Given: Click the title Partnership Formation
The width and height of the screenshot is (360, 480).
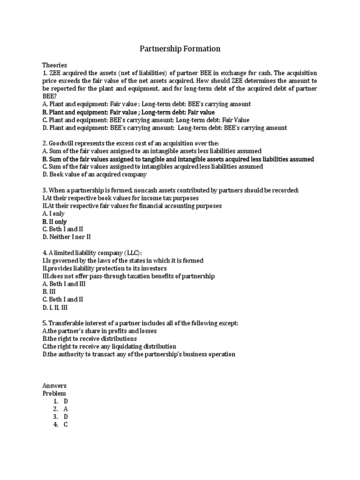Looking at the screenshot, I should tap(180, 49).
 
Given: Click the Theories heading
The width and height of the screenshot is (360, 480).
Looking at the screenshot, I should tap(55, 65).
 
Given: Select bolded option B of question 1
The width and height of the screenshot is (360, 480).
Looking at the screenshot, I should tap(128, 112).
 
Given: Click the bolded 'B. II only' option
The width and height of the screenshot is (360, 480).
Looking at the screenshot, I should tap(54, 222).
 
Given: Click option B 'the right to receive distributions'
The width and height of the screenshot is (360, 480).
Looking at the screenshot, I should tap(90, 338).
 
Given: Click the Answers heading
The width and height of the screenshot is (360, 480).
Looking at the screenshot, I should tap(54, 385).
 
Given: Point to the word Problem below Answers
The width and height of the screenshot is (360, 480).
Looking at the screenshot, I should tap(54, 393).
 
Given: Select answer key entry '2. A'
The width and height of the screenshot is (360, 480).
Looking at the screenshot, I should tap(61, 409).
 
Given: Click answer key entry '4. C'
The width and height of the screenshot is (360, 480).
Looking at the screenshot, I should tap(61, 425).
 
